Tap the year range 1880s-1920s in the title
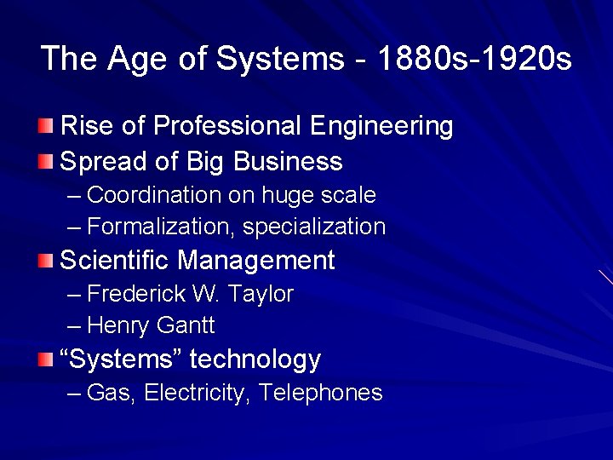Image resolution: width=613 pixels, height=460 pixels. pos(474,59)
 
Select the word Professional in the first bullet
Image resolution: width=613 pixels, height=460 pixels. pos(227,127)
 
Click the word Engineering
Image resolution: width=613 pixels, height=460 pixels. pos(381,127)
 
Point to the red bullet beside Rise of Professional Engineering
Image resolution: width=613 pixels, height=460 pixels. pos(45,127)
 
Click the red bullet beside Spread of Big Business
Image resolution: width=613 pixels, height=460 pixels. pos(45,161)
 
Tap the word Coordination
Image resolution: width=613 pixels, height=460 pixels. pos(155,195)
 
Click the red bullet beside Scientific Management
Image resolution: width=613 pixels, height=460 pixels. pos(45,260)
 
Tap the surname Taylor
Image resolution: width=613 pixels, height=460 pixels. pos(261,295)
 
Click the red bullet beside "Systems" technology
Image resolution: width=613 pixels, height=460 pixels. pos(45,359)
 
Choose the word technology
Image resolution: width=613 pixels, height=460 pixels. pos(255,359)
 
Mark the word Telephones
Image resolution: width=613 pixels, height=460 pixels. pos(321,393)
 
